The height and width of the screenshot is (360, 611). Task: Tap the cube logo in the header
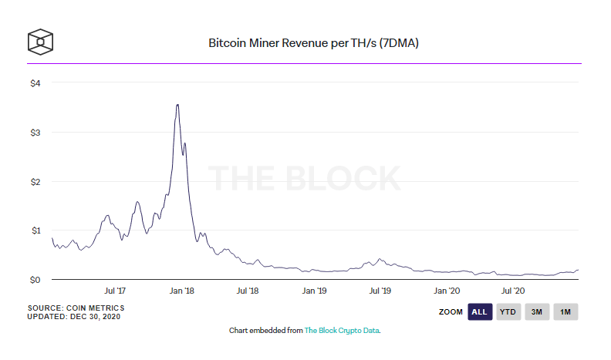[40, 42]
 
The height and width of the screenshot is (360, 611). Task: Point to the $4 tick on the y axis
[35, 82]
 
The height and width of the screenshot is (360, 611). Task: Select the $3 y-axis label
[35, 132]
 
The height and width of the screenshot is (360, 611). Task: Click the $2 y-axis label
[35, 181]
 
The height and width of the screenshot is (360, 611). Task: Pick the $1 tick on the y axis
[35, 230]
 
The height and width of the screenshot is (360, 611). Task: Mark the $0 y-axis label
[35, 279]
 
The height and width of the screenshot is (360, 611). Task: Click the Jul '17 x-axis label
[115, 291]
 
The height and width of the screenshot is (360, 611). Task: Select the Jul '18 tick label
[248, 291]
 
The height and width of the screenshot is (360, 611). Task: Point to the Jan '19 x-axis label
[315, 291]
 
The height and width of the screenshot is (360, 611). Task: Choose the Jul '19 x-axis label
[380, 291]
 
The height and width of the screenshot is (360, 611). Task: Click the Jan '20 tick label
[447, 291]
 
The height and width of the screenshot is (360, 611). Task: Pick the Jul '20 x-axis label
[513, 291]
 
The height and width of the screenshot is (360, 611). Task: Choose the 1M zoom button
[565, 311]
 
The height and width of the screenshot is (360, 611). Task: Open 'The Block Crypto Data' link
[342, 330]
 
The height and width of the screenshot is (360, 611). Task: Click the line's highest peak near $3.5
[177, 105]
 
